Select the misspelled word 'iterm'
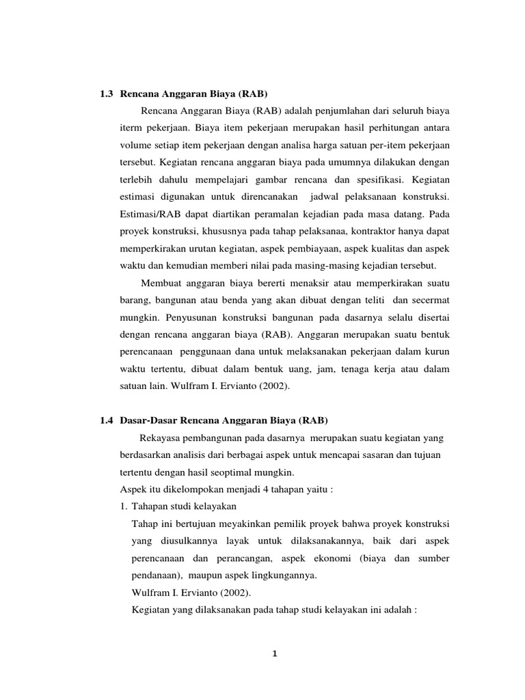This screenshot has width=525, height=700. [x=131, y=128]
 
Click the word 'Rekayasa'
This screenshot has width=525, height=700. [x=158, y=437]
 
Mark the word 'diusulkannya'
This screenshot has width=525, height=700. [x=174, y=541]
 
